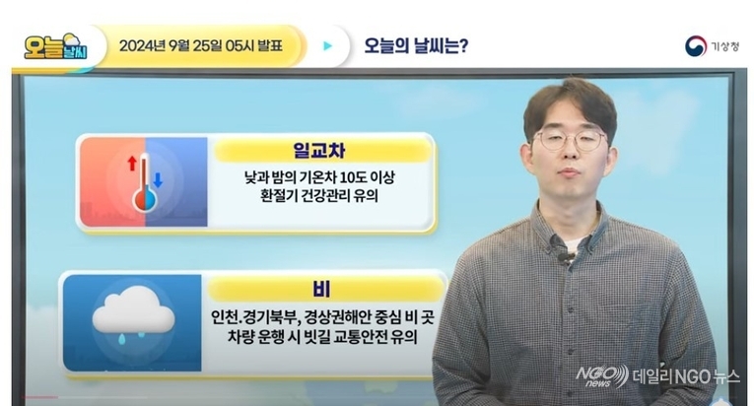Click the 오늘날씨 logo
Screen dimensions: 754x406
(x=56, y=46)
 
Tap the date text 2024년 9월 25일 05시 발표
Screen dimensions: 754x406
(x=200, y=46)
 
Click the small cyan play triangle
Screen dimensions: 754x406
(x=328, y=46)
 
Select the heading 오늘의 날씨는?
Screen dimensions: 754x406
(x=416, y=46)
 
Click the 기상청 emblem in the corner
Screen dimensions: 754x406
(x=695, y=46)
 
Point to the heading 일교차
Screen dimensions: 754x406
(x=318, y=151)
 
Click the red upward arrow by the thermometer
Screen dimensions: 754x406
(x=132, y=163)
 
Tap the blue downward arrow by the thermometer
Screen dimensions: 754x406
(x=158, y=180)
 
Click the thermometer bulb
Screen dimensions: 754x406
(x=145, y=200)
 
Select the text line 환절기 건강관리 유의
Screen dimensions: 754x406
(x=318, y=196)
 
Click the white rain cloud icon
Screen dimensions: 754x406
(x=133, y=310)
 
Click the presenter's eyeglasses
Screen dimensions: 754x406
(x=571, y=140)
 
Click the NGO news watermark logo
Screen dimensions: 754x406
(x=601, y=375)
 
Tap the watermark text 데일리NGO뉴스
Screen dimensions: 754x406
(x=686, y=376)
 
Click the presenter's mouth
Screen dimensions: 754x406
(x=570, y=173)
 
